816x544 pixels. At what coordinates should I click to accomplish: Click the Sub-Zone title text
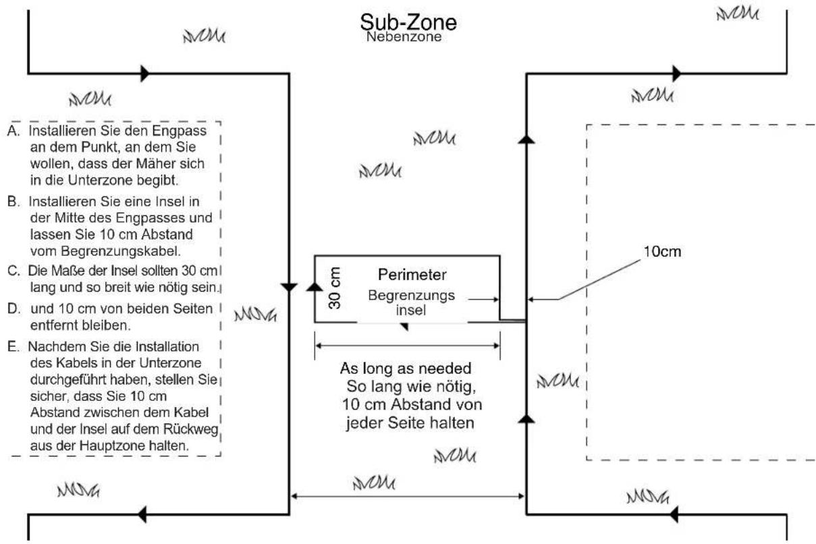click(408, 22)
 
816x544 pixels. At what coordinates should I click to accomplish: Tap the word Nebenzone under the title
click(404, 37)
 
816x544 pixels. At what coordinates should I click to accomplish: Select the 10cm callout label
click(662, 251)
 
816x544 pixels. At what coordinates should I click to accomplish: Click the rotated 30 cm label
click(334, 288)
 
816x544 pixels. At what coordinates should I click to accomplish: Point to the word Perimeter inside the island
click(412, 275)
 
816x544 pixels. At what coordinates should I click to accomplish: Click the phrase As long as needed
click(406, 369)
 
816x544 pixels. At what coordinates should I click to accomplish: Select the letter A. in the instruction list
click(13, 131)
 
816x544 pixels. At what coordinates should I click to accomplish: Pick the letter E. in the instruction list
click(13, 346)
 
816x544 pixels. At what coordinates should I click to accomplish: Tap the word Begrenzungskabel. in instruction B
click(106, 251)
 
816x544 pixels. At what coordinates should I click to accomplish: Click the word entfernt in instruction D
click(53, 325)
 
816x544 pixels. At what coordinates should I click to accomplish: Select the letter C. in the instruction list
click(13, 271)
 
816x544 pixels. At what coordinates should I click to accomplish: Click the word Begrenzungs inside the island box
click(411, 296)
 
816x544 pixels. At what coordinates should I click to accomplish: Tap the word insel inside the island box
click(411, 310)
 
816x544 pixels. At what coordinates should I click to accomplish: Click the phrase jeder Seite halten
click(410, 423)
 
